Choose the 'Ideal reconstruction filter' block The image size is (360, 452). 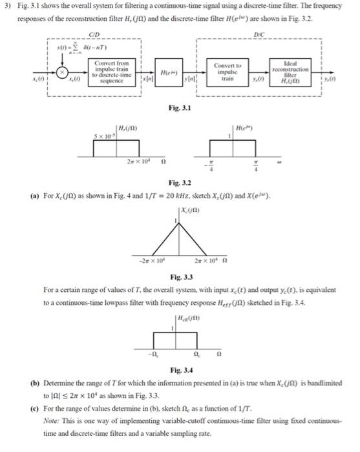(x=291, y=72)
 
